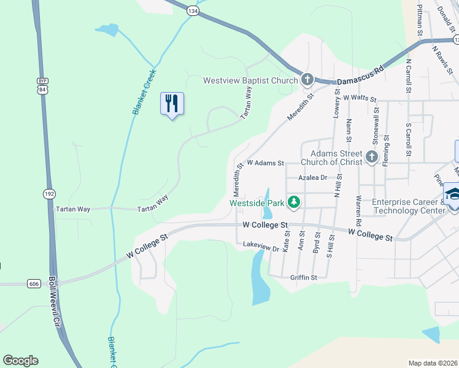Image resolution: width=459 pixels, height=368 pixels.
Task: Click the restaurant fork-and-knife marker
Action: pyautogui.click(x=172, y=104)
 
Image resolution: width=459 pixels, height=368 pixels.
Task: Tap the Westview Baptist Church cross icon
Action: pyautogui.click(x=307, y=80)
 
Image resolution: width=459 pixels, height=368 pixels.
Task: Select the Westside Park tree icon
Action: pyautogui.click(x=294, y=202)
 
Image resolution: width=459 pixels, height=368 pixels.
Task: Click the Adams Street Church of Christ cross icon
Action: pyautogui.click(x=371, y=158)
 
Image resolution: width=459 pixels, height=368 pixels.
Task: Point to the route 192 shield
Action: pyautogui.click(x=48, y=194)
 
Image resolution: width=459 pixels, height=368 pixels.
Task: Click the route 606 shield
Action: pyautogui.click(x=34, y=283)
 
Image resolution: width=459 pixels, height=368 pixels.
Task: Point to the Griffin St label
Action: pyautogui.click(x=304, y=277)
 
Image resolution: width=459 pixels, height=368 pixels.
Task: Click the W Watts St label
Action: pyautogui.click(x=359, y=98)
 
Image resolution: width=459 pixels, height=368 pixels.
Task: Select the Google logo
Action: pyautogui.click(x=20, y=361)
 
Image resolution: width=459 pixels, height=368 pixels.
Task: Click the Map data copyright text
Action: pyautogui.click(x=433, y=363)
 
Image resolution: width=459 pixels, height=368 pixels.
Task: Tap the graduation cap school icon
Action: pyautogui.click(x=453, y=194)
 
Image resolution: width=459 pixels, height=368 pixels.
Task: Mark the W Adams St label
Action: pyautogui.click(x=266, y=164)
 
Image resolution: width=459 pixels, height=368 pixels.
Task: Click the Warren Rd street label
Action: pyautogui.click(x=358, y=210)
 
